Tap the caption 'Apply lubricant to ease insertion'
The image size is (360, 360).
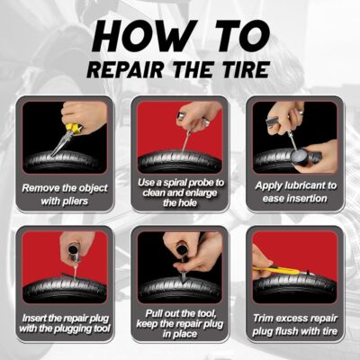tap(294, 192)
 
